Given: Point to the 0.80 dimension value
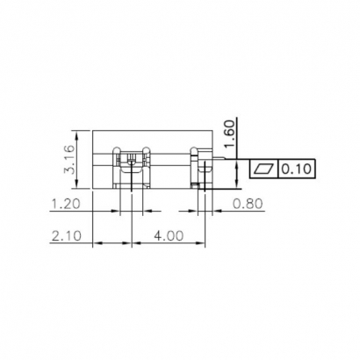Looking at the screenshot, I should coord(249,204).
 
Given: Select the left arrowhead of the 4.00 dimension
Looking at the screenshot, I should coord(135,243).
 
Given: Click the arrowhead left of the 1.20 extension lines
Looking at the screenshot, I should coord(114,212).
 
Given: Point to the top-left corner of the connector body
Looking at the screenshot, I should coord(93,132).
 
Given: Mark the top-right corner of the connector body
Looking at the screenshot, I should coord(213,132).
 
